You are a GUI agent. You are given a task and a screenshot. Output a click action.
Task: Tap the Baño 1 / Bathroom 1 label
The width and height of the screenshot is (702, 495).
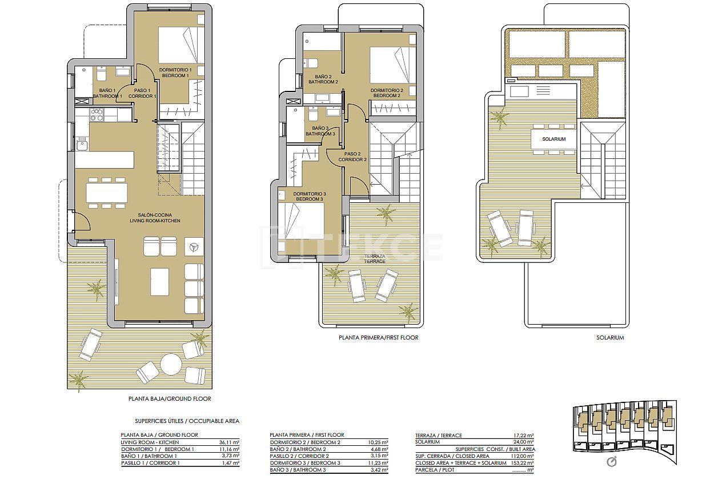pos(107,93)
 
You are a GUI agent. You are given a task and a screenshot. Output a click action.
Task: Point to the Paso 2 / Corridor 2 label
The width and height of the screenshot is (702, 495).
pos(352,157)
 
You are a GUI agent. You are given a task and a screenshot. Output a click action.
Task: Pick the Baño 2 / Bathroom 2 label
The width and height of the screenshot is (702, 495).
pos(323,79)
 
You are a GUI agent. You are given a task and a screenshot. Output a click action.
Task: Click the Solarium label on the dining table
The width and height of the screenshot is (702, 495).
pos(553,139)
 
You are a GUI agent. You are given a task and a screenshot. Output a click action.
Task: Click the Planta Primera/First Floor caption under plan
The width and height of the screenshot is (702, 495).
pos(379,338)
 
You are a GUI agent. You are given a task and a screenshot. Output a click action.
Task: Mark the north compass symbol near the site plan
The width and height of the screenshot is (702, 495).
pos(612,462)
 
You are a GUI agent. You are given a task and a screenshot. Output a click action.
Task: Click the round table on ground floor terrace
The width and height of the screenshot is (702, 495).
pos(170,364)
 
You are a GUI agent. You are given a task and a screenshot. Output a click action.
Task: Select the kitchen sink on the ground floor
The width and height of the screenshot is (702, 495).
pos(82,145)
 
